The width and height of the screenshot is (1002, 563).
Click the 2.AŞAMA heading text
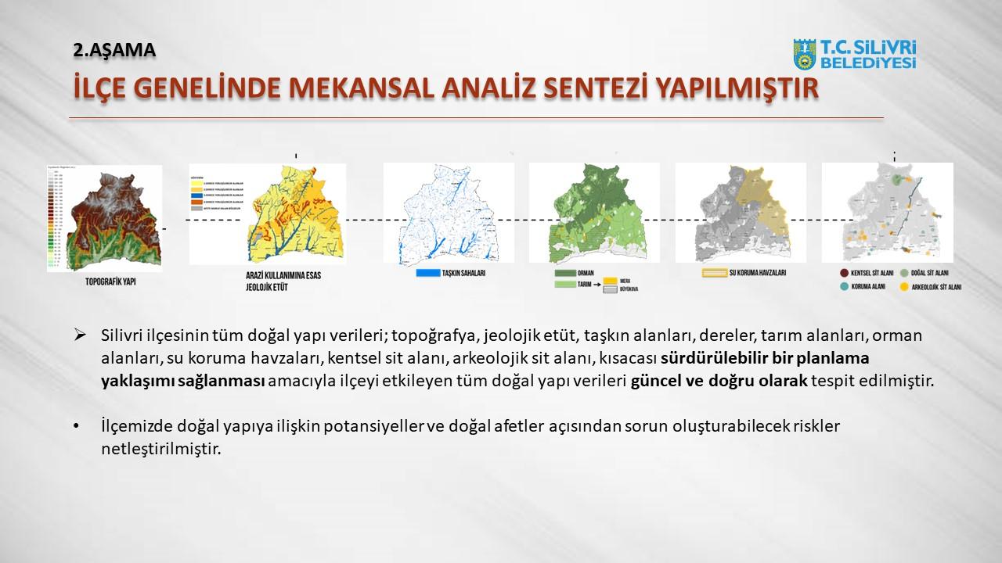[114, 50]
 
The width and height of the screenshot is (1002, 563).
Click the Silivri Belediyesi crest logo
[805, 55]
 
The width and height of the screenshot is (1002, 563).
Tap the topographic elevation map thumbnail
[105, 218]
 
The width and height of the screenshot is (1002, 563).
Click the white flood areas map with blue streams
[449, 213]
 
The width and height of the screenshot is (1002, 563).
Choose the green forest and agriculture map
[594, 213]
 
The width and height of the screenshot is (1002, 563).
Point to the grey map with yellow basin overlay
[741, 213]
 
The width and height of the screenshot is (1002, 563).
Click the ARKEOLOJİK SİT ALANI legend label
[943, 287]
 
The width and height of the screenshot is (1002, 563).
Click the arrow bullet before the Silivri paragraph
[79, 335]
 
